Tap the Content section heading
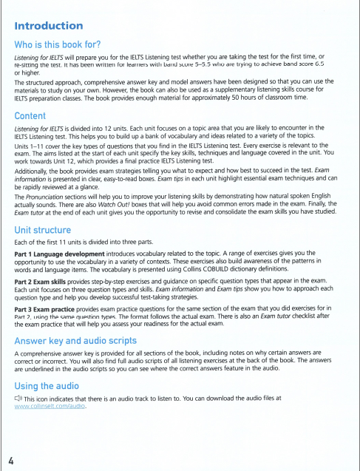click(x=35, y=115)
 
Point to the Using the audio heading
click(x=50, y=385)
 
